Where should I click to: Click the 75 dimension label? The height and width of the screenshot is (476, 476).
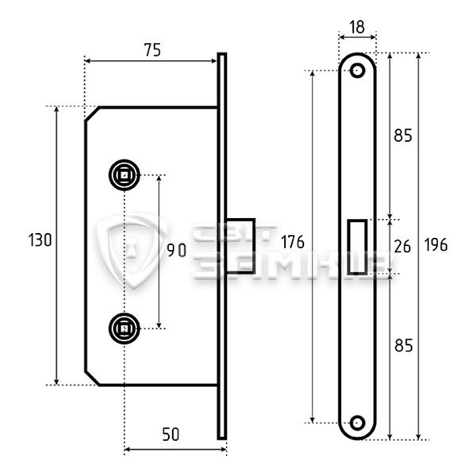click(152, 50)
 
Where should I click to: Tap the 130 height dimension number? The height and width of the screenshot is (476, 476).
click(40, 240)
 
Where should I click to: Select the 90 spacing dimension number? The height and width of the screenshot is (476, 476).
click(177, 251)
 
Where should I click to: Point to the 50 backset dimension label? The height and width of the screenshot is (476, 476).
click(171, 434)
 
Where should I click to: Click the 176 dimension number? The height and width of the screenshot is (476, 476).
click(292, 242)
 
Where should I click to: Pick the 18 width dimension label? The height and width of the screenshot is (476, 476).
click(357, 27)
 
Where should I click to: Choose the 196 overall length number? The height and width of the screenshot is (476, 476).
click(436, 244)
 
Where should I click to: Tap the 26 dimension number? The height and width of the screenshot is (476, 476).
click(402, 246)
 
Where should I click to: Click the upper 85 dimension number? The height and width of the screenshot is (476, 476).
click(403, 136)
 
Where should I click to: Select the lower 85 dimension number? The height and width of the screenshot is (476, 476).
click(404, 345)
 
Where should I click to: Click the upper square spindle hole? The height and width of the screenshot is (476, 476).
click(125, 175)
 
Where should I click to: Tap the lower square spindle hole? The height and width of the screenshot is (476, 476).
click(125, 328)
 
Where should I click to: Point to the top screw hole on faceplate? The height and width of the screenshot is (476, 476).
click(357, 71)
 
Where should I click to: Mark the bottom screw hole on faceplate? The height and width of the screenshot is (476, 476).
click(357, 422)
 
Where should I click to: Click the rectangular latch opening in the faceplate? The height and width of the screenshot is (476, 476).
click(357, 247)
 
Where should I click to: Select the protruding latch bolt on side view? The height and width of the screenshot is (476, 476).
click(240, 246)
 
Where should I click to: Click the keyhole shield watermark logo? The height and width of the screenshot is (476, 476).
click(132, 251)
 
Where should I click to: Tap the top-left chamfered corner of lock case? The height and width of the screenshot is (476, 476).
click(92, 113)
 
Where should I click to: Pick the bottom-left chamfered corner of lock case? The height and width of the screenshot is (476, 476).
click(92, 378)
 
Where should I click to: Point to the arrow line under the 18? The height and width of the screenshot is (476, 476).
click(357, 37)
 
